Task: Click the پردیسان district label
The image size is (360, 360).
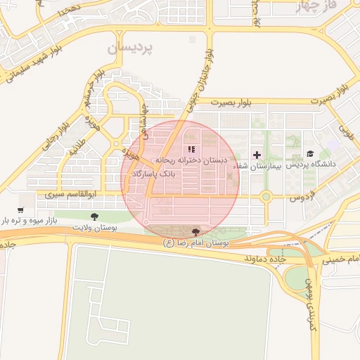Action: tap(131, 49)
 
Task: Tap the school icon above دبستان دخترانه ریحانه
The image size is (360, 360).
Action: tap(191, 149)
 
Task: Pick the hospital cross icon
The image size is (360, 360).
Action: tap(256, 155)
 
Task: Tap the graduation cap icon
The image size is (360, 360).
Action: tap(310, 154)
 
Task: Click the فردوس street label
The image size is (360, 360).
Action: tap(306, 198)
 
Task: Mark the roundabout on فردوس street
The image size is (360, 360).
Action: tap(266, 197)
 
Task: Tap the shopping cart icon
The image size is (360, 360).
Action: tap(20, 210)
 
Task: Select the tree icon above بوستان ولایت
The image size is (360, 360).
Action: tap(95, 217)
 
